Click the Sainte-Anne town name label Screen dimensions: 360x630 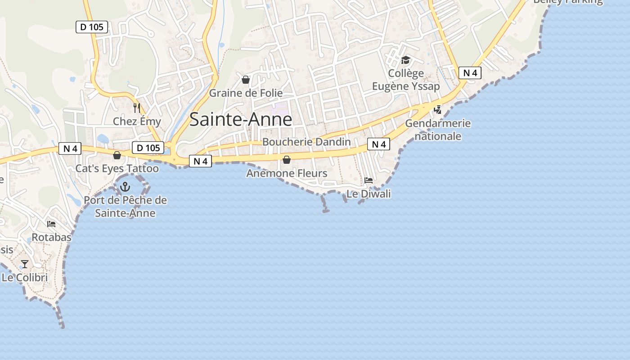[x=241, y=120]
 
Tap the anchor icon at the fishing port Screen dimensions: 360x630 [x=125, y=187]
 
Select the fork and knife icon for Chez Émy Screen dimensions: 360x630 [x=137, y=108]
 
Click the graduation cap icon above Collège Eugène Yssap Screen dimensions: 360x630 [x=406, y=60]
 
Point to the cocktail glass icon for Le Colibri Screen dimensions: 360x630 [x=25, y=264]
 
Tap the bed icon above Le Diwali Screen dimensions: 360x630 [x=369, y=180]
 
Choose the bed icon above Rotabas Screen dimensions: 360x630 [x=51, y=224]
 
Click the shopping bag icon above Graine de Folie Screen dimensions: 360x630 [x=246, y=80]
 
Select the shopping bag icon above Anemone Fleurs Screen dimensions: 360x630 [x=287, y=160]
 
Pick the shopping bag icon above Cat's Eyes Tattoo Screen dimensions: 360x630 [x=117, y=155]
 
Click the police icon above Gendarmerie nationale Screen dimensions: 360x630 [x=437, y=109]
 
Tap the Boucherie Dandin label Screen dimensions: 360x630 [x=306, y=142]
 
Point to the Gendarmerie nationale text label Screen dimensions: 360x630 [x=438, y=130]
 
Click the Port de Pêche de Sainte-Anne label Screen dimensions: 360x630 [x=125, y=207]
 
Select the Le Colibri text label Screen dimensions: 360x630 [x=25, y=278]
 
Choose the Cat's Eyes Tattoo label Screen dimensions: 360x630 [x=117, y=169]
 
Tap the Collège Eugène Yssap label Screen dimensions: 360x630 [x=406, y=80]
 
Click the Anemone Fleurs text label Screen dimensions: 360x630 [x=287, y=173]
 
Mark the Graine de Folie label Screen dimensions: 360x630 [x=246, y=93]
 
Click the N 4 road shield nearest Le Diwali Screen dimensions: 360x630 [x=378, y=144]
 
